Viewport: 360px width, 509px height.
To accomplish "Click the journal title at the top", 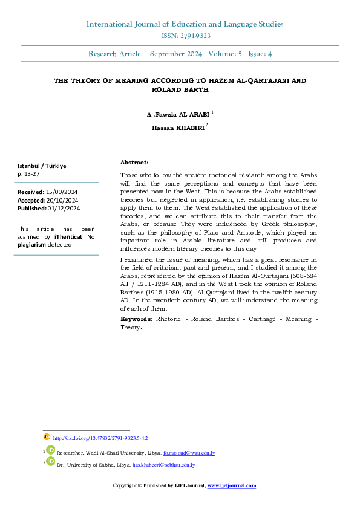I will pos(185,24).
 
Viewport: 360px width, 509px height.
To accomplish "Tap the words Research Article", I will pos(114,54).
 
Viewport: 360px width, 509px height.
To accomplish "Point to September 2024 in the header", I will pos(176,54).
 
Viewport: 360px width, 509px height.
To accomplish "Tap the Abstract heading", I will pos(134,163).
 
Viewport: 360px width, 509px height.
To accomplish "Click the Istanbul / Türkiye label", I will pos(42,166).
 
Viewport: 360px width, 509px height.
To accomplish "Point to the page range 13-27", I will pos(31,173).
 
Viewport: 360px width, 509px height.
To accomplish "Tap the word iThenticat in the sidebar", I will pos(68,238).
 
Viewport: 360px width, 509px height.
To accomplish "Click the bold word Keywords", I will pos(136,319).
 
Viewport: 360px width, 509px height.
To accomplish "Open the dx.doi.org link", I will pos(100,438).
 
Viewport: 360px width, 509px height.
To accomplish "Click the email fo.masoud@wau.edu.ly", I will pos(189,453).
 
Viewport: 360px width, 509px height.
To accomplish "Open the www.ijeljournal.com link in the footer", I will pos(232,485).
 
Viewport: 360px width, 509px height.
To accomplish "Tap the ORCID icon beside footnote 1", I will pos(51,450).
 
